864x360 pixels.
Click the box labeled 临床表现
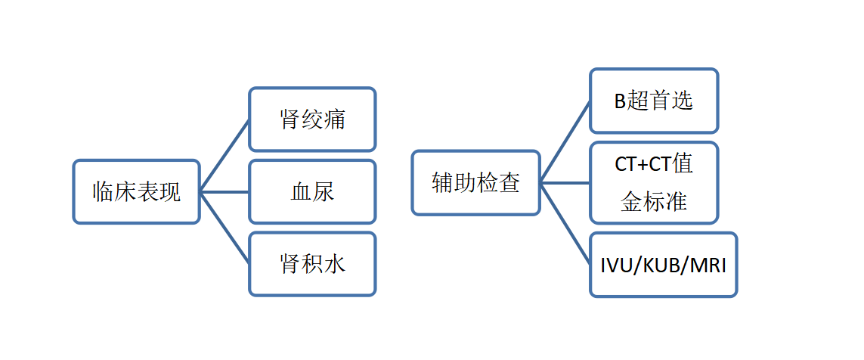coord(136,192)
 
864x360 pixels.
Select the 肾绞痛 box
coord(312,119)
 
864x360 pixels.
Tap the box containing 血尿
coord(312,192)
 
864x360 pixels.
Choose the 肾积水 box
coord(312,264)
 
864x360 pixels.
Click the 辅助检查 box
coord(476,182)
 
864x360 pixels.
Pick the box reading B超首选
coord(654,101)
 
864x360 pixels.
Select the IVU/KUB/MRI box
coord(664,265)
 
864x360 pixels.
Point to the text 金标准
coord(654,202)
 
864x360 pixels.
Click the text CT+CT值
coord(654,165)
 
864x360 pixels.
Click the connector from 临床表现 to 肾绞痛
coord(225,156)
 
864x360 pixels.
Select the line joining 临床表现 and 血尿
coord(225,192)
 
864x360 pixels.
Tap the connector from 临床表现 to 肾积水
coord(225,228)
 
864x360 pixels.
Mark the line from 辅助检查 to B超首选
coord(565,141)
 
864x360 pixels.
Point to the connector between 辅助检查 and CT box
coord(565,182)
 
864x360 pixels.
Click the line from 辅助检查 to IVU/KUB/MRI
coord(565,224)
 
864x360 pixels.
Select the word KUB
coord(657,265)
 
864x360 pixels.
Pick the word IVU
coord(615,265)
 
